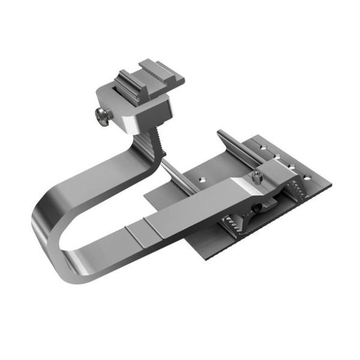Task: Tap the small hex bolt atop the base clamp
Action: (x=257, y=177)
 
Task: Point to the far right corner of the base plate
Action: (x=332, y=183)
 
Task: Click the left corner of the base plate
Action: (x=145, y=199)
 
